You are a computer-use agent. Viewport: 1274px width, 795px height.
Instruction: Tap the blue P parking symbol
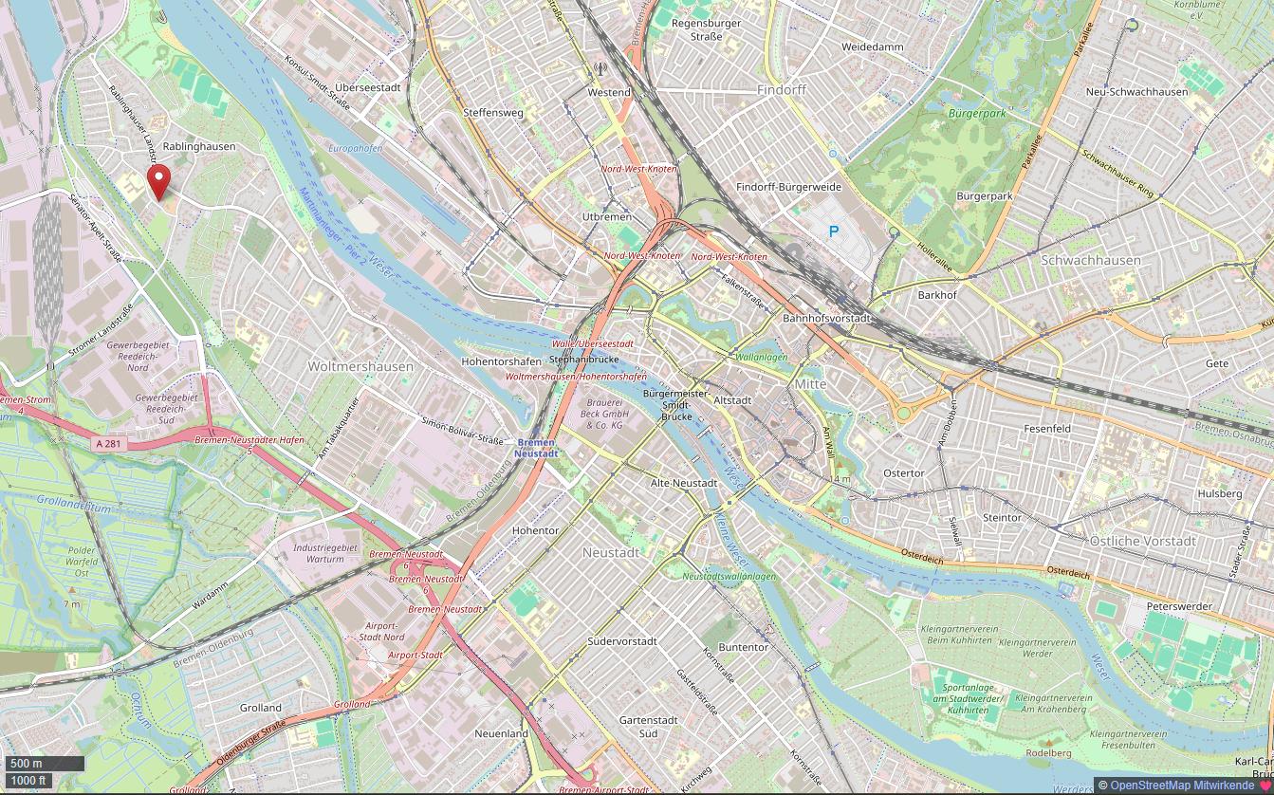pos(834,231)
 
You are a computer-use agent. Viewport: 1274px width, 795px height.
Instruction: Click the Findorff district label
pos(781,90)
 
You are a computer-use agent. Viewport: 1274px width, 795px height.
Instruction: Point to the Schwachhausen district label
pos(1090,260)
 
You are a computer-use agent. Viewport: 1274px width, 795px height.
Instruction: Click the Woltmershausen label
pos(360,366)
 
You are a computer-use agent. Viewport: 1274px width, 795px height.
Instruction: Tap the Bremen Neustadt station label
pos(536,448)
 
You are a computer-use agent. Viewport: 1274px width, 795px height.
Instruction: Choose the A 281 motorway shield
pos(109,443)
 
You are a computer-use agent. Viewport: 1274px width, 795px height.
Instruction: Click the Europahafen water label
pos(355,149)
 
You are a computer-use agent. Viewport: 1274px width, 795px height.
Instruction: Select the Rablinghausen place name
pos(199,147)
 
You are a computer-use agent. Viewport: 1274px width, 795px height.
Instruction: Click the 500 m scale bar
pos(45,763)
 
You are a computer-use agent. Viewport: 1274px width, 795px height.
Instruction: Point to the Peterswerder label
pos(1179,606)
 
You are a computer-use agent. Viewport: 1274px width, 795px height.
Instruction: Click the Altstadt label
pos(731,400)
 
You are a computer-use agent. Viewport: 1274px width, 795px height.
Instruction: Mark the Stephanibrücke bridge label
pos(583,360)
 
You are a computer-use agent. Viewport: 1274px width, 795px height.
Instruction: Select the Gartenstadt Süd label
pos(648,727)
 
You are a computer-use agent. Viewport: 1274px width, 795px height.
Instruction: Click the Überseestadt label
pos(368,87)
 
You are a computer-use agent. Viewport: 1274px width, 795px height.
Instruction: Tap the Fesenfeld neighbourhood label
pos(1047,429)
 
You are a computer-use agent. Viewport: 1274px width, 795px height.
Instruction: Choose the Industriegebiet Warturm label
pos(325,553)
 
